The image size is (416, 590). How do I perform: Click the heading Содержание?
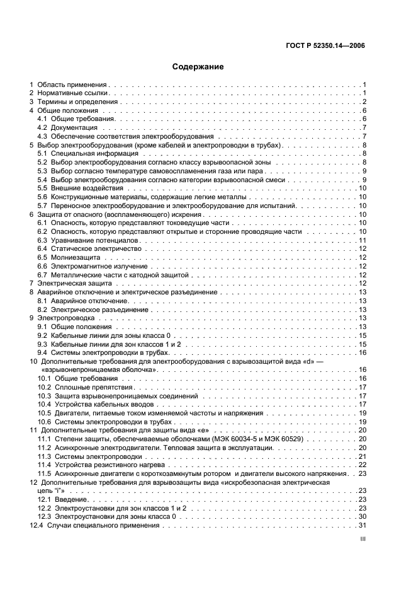click(x=198, y=66)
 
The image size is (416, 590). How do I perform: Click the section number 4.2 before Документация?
click(x=42, y=127)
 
